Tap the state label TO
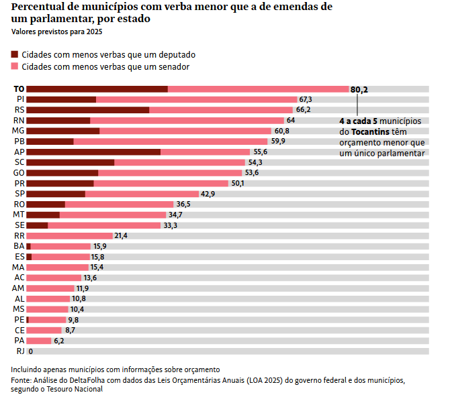(19, 89)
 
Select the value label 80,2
(359, 89)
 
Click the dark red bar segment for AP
(93, 152)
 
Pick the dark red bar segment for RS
(87, 110)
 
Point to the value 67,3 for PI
(306, 99)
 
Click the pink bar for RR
(69, 235)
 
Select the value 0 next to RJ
(31, 351)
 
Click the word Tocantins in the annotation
(370, 132)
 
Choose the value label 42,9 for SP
(208, 194)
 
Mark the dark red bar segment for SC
(70, 162)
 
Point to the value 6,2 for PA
(59, 341)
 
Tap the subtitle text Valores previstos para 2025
(57, 32)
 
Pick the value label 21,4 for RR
(121, 235)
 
